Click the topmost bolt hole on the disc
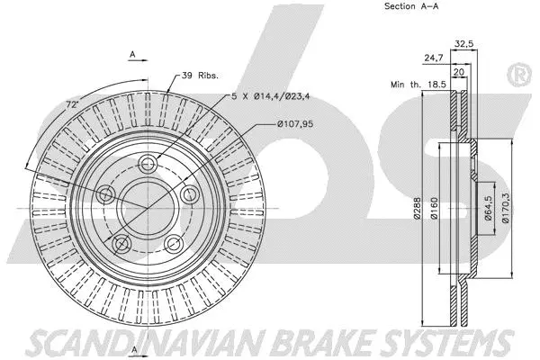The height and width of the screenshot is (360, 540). [148, 163]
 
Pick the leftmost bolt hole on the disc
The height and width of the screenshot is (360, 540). [106, 194]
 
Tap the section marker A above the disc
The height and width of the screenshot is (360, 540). [132, 54]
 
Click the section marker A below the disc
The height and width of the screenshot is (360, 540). [132, 348]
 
